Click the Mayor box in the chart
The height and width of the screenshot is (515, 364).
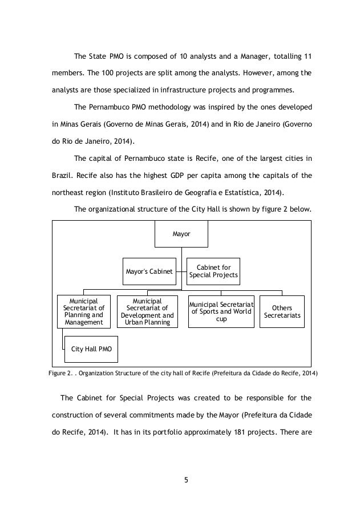[x=181, y=234]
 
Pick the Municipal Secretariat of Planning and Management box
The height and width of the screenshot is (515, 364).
[x=83, y=311]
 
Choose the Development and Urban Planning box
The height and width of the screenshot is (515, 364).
[x=147, y=311]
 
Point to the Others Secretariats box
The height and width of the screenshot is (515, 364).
[x=281, y=311]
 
